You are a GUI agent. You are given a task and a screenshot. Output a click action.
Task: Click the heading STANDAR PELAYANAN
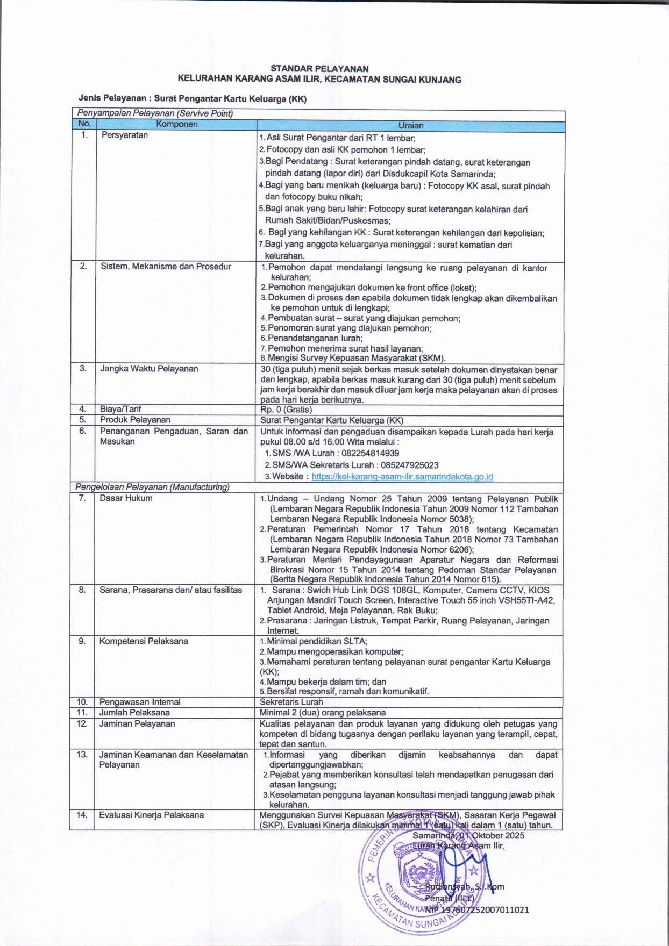click(x=319, y=69)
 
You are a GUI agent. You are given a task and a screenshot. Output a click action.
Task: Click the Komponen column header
click(x=176, y=124)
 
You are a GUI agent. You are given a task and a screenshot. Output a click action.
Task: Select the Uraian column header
click(x=411, y=125)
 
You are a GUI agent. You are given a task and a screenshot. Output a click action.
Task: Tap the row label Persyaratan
click(x=125, y=135)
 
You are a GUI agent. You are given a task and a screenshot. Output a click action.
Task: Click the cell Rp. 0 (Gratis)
click(x=286, y=410)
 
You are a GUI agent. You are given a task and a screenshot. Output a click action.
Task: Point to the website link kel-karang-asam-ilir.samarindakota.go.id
click(x=402, y=476)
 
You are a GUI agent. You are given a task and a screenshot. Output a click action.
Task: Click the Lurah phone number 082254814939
click(x=370, y=453)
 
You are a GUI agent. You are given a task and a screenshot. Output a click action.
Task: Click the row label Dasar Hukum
click(x=126, y=498)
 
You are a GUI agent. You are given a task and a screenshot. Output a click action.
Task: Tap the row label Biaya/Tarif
click(x=120, y=409)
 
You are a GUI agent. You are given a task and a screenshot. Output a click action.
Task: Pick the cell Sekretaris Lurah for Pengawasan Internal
click(x=291, y=702)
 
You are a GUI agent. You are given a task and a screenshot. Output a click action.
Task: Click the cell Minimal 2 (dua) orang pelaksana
click(x=323, y=713)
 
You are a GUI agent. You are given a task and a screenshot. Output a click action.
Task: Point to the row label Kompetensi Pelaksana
click(x=144, y=641)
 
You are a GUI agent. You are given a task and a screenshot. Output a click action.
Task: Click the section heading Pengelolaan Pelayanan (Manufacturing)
click(x=152, y=487)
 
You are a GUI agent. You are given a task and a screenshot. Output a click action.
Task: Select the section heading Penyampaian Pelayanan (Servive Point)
click(x=155, y=113)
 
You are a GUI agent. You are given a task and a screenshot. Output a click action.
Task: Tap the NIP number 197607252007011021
click(x=485, y=910)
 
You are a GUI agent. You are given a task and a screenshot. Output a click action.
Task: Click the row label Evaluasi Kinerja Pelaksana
click(x=151, y=815)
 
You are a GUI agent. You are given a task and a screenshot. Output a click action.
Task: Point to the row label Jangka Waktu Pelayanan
click(x=149, y=369)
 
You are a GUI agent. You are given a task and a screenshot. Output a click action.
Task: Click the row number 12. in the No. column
click(x=82, y=723)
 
